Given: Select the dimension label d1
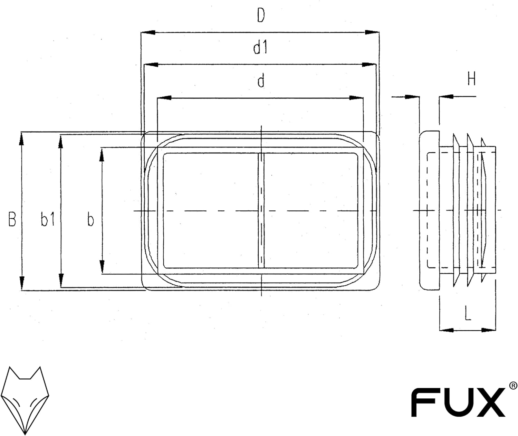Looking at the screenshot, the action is click(x=260, y=48).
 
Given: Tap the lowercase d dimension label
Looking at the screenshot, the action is click(x=261, y=81).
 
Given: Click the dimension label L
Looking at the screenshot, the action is click(x=468, y=313).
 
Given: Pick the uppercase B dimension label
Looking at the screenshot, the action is click(x=12, y=219).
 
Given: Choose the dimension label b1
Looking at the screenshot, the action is click(x=47, y=219).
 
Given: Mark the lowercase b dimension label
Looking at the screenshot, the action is click(x=90, y=220).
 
